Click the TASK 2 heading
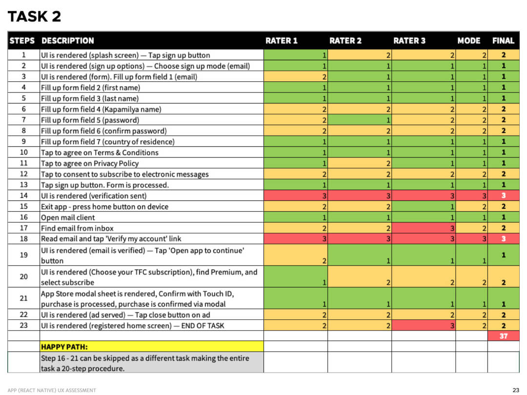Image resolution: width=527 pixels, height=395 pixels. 34,17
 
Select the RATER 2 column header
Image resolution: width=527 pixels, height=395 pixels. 345,40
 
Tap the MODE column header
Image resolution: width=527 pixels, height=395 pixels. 468,40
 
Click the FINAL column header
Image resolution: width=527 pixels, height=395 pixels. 503,40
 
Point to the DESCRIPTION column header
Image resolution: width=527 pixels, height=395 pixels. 67,40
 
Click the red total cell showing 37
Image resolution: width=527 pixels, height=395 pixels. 503,336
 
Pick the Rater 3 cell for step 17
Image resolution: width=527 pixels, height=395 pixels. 424,228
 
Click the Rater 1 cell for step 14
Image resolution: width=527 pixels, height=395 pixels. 295,196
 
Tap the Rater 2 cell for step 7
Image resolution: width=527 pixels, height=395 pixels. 360,120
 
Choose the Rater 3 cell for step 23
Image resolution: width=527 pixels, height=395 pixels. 424,325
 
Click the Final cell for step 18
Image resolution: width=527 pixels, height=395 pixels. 503,239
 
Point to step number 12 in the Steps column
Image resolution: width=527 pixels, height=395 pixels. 23,174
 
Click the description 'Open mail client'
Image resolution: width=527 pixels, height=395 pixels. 68,217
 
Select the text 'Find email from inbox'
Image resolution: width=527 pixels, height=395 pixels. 77,228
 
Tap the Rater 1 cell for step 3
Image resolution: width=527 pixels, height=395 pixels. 295,77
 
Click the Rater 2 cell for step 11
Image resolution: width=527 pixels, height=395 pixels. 360,163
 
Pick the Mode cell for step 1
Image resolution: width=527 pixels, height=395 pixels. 471,55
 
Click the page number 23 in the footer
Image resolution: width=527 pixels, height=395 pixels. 516,390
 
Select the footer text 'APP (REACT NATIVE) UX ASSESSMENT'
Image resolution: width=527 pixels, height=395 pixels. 52,390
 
